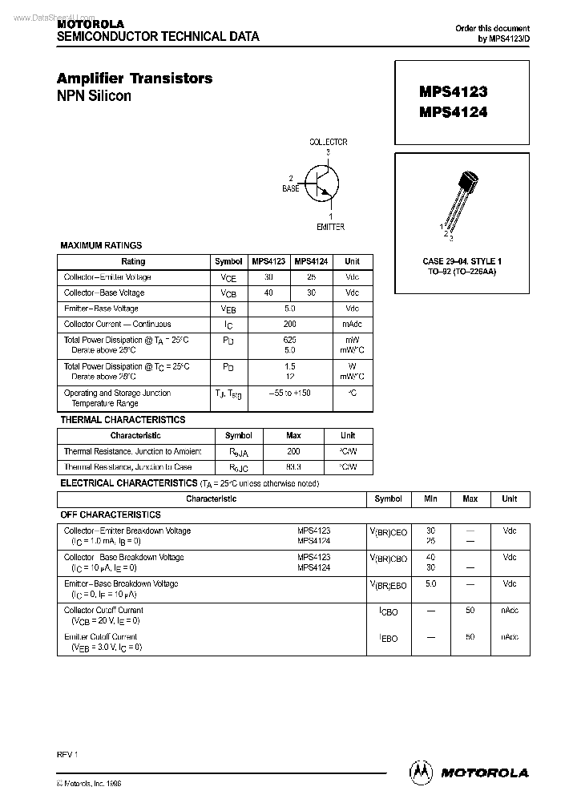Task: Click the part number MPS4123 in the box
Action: point(453,92)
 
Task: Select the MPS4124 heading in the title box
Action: point(453,112)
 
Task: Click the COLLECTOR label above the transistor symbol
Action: point(329,143)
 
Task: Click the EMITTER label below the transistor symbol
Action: point(330,227)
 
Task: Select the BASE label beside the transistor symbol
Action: point(290,188)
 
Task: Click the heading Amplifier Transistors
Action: point(135,78)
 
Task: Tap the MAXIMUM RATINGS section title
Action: point(101,245)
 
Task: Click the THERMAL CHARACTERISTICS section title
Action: point(123,419)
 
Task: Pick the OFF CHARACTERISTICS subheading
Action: point(111,514)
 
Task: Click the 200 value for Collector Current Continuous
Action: point(289,325)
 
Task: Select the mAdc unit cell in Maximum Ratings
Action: point(352,325)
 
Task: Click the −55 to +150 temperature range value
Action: point(289,393)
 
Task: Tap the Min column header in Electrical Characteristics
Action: point(430,498)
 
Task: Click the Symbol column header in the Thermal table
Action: point(239,435)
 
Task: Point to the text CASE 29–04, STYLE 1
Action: point(462,262)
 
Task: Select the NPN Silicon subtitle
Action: point(94,96)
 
